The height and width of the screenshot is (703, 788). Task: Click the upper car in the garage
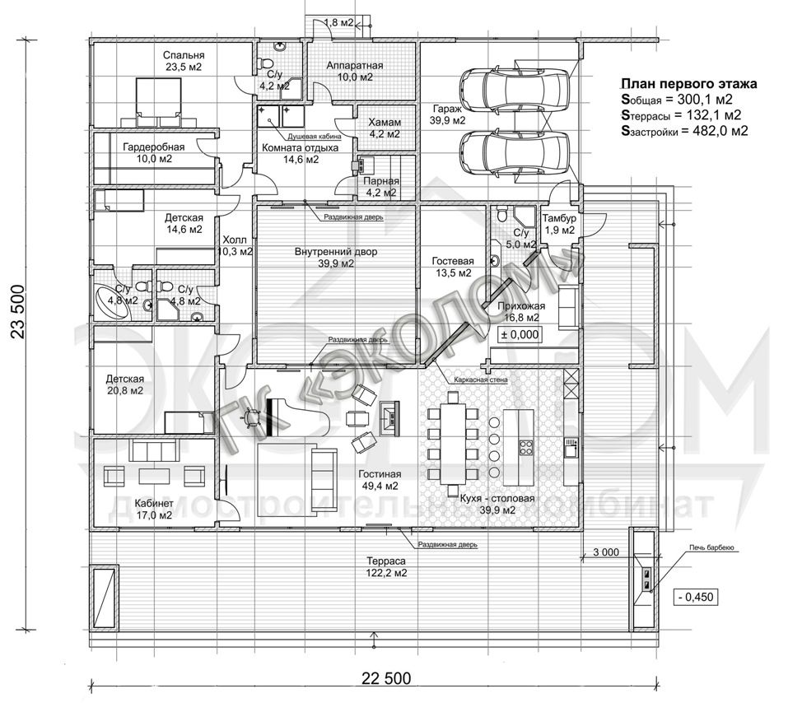(x=515, y=86)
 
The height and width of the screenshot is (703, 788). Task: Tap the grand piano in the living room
(x=296, y=417)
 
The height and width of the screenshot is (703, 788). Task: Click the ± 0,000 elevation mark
(x=520, y=334)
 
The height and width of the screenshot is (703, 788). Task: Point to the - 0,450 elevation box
(x=696, y=597)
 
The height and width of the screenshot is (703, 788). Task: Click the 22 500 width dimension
(x=386, y=678)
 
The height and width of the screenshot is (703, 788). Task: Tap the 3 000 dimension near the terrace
(x=606, y=552)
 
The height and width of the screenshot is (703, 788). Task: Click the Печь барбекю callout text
(x=711, y=547)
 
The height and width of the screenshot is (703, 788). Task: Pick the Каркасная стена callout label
(x=480, y=379)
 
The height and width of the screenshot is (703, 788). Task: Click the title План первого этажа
(x=689, y=84)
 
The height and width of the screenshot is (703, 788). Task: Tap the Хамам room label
(x=385, y=123)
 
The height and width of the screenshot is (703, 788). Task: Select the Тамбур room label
(x=559, y=219)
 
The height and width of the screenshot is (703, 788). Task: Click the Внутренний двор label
(x=336, y=252)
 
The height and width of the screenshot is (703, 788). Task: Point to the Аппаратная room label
(x=355, y=65)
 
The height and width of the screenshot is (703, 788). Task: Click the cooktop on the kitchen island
(x=525, y=447)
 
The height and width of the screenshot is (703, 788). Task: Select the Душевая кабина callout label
(x=315, y=137)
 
